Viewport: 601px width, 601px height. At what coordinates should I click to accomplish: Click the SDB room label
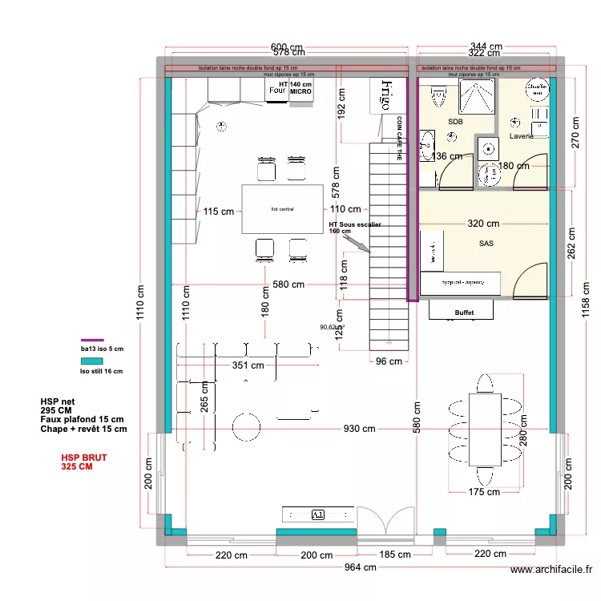coord(455,122)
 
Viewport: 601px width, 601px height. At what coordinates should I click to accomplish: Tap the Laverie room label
coord(521,136)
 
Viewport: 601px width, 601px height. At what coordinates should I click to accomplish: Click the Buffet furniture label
coord(464,313)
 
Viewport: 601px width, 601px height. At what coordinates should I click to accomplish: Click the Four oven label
coord(277,91)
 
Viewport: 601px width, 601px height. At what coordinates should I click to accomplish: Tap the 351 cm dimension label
coord(248,365)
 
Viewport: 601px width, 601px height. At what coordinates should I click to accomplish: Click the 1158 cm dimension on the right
coord(585,305)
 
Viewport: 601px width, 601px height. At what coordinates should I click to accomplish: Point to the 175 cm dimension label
coord(483,493)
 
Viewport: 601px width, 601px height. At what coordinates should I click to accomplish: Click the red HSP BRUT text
coord(84,462)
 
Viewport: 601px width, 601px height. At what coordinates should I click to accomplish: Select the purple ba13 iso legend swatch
coord(93,340)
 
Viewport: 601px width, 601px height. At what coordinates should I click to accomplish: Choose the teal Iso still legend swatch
coord(93,361)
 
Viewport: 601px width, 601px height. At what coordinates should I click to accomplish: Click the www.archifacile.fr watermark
coord(552,571)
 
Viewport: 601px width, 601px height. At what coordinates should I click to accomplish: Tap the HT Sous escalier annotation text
coord(354,228)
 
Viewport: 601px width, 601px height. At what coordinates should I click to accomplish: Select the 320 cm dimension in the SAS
coord(483,224)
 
